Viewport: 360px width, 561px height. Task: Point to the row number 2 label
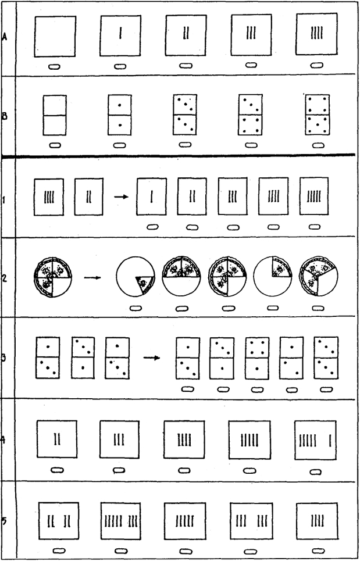pyautogui.click(x=5, y=278)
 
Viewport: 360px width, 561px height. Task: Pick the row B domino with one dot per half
pyautogui.click(x=120, y=115)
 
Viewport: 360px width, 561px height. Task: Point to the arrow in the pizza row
pyautogui.click(x=92, y=277)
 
